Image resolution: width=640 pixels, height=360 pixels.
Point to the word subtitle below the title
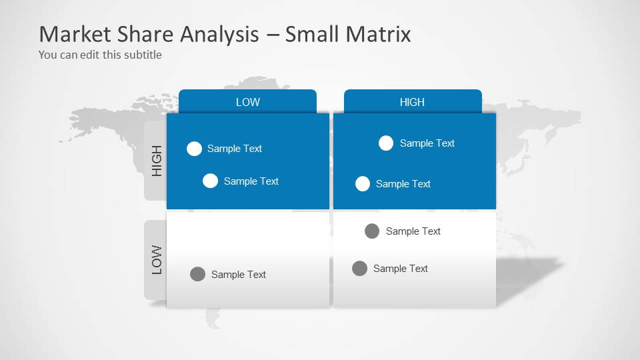click(x=141, y=55)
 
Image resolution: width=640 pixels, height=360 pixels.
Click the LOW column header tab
click(x=247, y=102)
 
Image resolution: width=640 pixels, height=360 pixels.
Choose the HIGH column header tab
click(x=412, y=102)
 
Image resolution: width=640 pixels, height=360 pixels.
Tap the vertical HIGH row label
click(x=157, y=161)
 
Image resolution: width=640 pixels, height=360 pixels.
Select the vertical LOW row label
click(x=157, y=260)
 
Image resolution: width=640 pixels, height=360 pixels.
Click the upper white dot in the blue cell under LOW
click(x=194, y=149)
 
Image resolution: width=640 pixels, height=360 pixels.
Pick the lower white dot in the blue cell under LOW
click(x=210, y=181)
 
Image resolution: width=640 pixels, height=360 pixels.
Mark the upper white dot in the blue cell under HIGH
click(x=386, y=143)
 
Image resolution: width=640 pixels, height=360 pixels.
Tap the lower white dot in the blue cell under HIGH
click(x=363, y=184)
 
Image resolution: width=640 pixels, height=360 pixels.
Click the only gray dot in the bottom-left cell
click(x=197, y=274)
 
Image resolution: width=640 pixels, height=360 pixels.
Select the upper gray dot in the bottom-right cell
click(x=372, y=231)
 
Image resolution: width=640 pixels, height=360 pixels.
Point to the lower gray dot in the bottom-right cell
click(x=359, y=269)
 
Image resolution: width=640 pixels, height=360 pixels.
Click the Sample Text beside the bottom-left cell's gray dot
click(x=239, y=275)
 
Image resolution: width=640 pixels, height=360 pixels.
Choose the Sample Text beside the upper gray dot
click(x=413, y=231)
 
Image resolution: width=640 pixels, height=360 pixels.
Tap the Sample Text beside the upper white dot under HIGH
click(x=427, y=143)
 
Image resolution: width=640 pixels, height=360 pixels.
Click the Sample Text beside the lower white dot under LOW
click(x=251, y=181)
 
